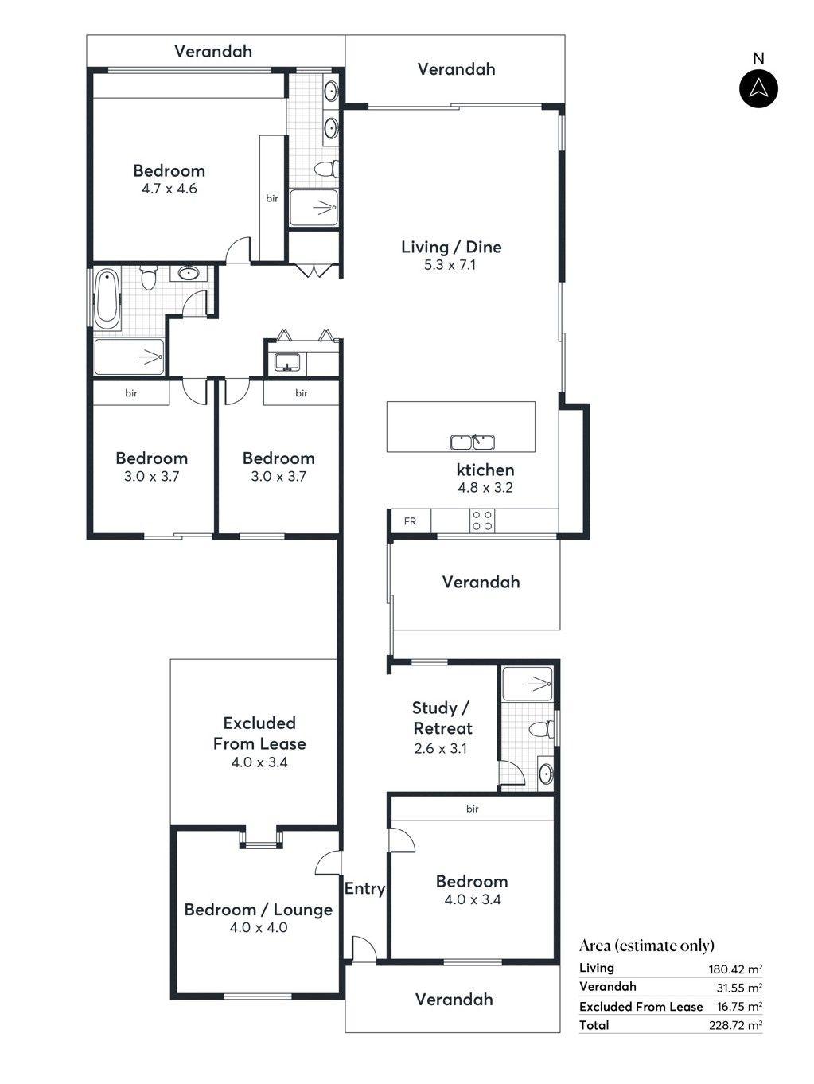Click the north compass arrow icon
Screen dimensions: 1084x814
pos(758,88)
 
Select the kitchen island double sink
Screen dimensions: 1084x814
pos(473,441)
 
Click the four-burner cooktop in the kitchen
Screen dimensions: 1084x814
pos(482,521)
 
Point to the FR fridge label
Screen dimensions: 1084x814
pos(410,522)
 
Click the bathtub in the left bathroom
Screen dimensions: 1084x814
pos(107,299)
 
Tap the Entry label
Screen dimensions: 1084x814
pos(364,889)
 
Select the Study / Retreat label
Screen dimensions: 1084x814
pos(442,718)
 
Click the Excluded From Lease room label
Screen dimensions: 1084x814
pos(259,733)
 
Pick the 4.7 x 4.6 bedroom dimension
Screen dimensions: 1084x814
pos(169,189)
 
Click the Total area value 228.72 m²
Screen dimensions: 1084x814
pos(735,1026)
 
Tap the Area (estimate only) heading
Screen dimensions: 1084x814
pos(646,946)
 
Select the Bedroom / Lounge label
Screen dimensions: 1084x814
pos(258,910)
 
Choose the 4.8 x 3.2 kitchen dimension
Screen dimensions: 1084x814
pos(485,488)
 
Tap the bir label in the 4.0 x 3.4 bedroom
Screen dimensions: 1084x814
pos(472,809)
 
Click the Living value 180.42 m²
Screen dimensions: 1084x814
pos(735,969)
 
